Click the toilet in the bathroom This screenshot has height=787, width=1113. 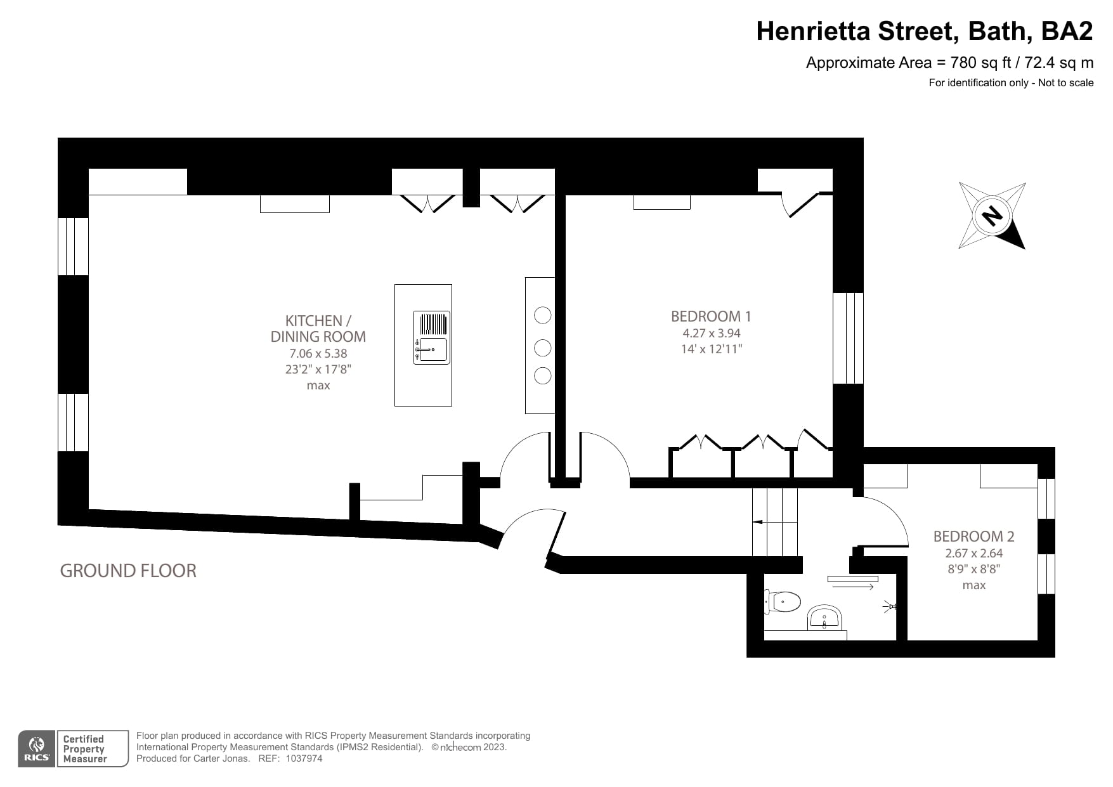pos(784,601)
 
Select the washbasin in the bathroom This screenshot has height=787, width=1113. pos(824,617)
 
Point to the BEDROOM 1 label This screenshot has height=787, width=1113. pos(711,316)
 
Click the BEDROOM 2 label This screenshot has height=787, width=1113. pos(973,537)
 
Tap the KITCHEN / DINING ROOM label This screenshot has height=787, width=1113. pos(318,328)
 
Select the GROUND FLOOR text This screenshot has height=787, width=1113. pos(128,571)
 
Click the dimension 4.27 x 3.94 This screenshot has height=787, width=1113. pos(711,333)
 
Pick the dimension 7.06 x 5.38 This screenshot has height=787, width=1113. pos(318,354)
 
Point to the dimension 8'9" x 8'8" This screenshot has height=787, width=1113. pos(973,569)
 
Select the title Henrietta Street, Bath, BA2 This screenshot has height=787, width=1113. pos(924,31)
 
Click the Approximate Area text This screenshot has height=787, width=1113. pos(949,63)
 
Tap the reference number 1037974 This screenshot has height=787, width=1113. pos(304,758)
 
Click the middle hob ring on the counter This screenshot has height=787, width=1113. pos(542,347)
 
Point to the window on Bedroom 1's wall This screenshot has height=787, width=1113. pos(848,338)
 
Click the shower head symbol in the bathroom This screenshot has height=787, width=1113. pos(890,607)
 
